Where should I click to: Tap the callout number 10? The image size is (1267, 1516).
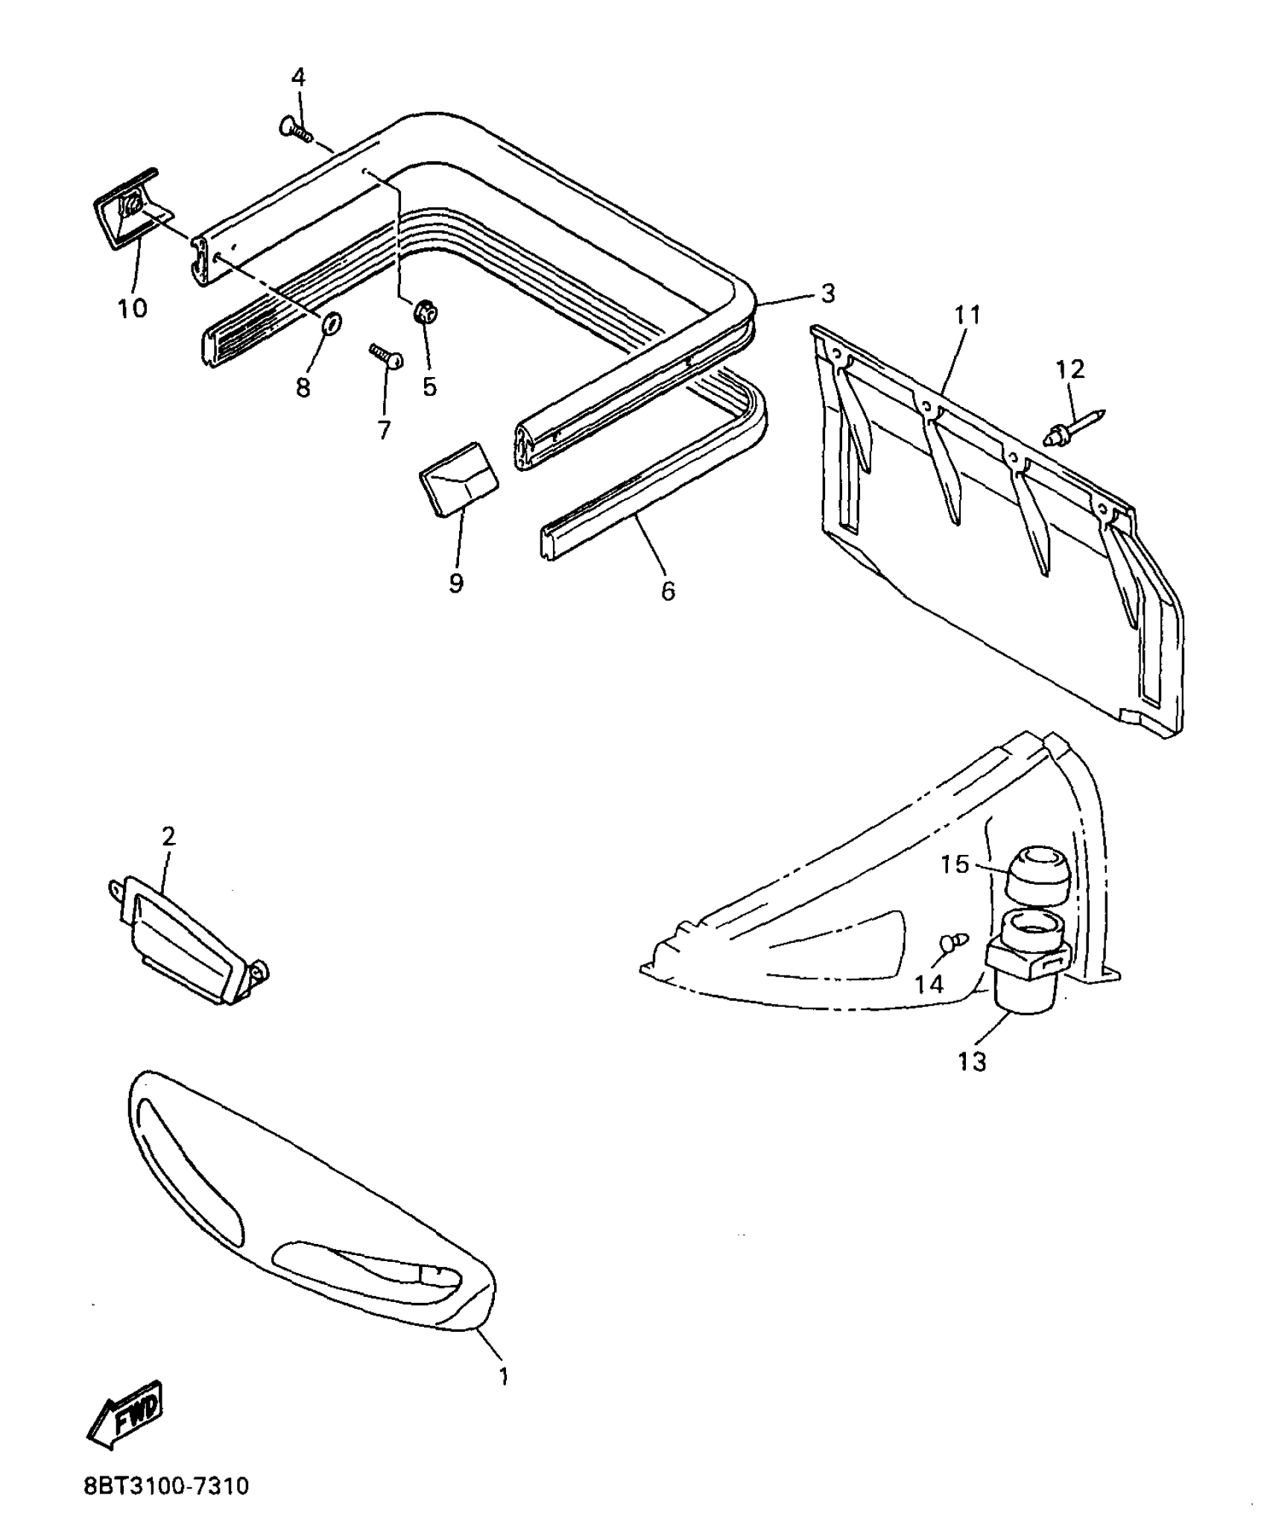pyautogui.click(x=133, y=308)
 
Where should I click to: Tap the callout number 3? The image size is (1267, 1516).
pyautogui.click(x=827, y=294)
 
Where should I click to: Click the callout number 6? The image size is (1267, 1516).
pyautogui.click(x=668, y=591)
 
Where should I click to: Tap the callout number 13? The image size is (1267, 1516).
pyautogui.click(x=972, y=1061)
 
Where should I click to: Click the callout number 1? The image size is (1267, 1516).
pyautogui.click(x=504, y=1375)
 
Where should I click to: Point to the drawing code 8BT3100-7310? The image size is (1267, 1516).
pyautogui.click(x=166, y=1486)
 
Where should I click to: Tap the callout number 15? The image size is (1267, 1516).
pyautogui.click(x=954, y=865)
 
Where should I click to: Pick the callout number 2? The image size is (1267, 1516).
pyautogui.click(x=168, y=836)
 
